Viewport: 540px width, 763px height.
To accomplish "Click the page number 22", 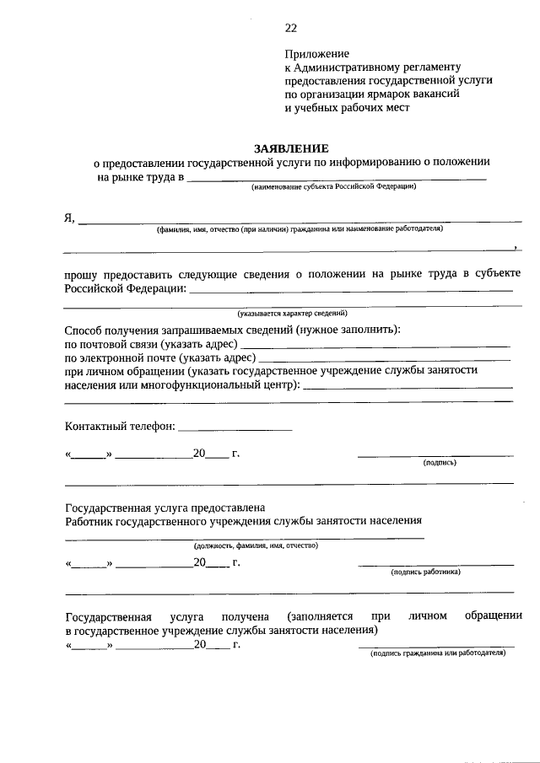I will [290, 28].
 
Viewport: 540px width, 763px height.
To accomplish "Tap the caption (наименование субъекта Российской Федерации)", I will [333, 186].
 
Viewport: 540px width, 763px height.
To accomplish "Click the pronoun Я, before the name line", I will [69, 218].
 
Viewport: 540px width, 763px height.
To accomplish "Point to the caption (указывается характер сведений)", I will [292, 313].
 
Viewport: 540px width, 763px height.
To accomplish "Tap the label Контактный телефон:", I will [120, 426].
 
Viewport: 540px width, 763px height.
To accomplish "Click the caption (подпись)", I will [440, 463].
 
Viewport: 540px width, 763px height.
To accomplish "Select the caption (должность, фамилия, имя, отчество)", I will [255, 545].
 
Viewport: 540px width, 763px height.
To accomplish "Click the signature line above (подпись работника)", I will [435, 564].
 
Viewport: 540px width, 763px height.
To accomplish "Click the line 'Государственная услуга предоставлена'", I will [165, 508].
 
